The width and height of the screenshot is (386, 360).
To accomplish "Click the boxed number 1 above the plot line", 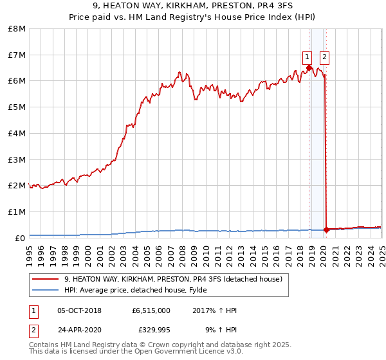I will pyautogui.click(x=308, y=57).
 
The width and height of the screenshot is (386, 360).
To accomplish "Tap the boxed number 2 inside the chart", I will pyautogui.click(x=324, y=57).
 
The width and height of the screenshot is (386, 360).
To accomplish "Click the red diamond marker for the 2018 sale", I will pyautogui.click(x=309, y=67).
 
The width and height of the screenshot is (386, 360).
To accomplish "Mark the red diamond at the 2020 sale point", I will pyautogui.click(x=327, y=229).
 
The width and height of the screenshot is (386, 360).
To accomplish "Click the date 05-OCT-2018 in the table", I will pyautogui.click(x=79, y=310).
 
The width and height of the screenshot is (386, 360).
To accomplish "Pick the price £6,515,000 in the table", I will pyautogui.click(x=151, y=310).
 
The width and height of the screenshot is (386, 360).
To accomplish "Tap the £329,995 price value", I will pyautogui.click(x=154, y=330).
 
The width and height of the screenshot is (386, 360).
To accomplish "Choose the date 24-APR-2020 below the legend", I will pyautogui.click(x=79, y=330).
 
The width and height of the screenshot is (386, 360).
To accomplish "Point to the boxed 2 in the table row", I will pyautogui.click(x=33, y=330).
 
